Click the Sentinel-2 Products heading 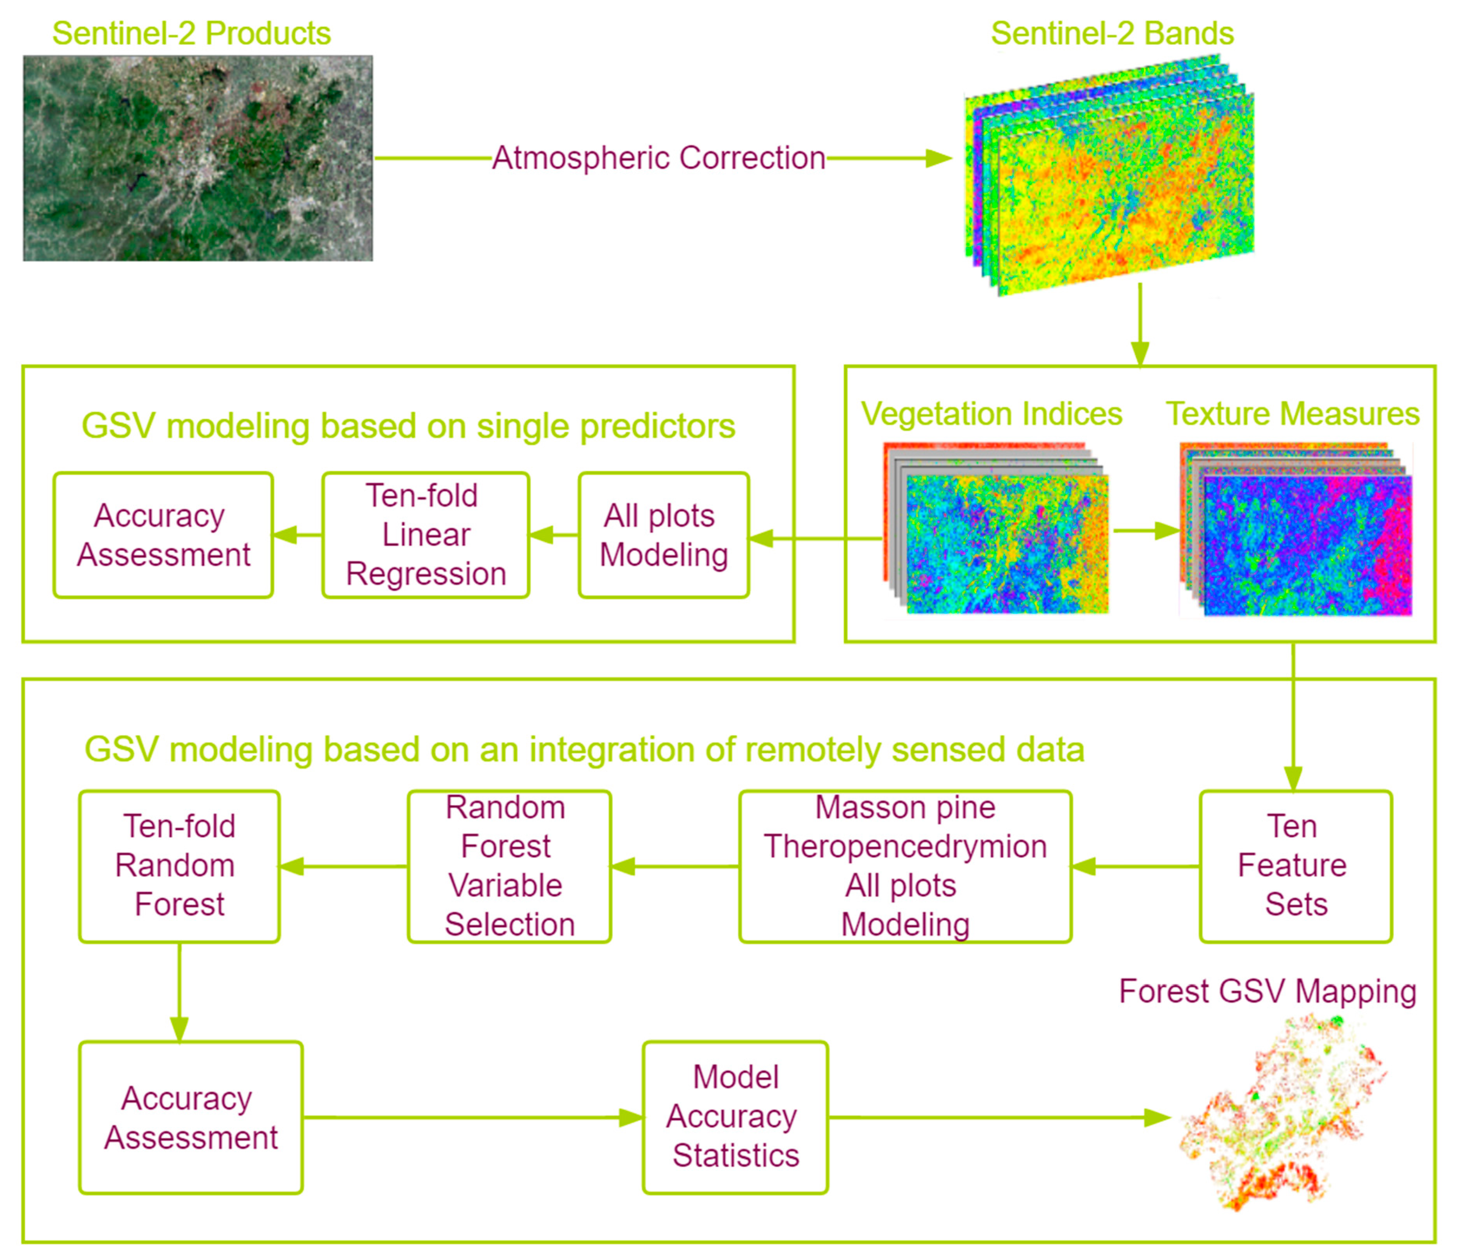[x=191, y=33]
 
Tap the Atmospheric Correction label [x=658, y=158]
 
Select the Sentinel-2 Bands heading [x=1112, y=33]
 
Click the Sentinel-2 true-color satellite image [x=198, y=158]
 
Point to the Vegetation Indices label [x=992, y=414]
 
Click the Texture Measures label [x=1292, y=414]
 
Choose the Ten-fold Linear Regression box [x=425, y=535]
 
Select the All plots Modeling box [x=663, y=535]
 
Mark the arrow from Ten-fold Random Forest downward [x=179, y=991]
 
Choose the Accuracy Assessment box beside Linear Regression [x=163, y=535]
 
